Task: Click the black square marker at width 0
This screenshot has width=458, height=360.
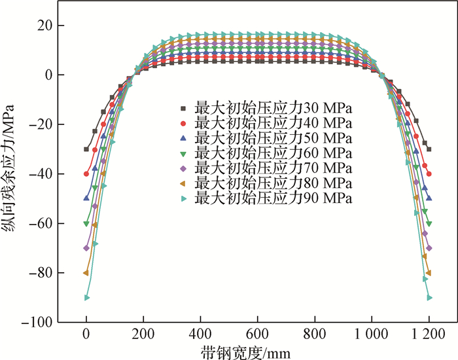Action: pyautogui.click(x=86, y=149)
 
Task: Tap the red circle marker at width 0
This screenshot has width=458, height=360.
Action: pyautogui.click(x=86, y=173)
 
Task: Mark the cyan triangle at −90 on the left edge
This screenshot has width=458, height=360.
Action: pyautogui.click(x=86, y=298)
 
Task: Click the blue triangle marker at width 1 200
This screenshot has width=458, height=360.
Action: pyautogui.click(x=429, y=198)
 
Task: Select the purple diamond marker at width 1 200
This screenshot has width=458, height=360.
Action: pyautogui.click(x=429, y=248)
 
